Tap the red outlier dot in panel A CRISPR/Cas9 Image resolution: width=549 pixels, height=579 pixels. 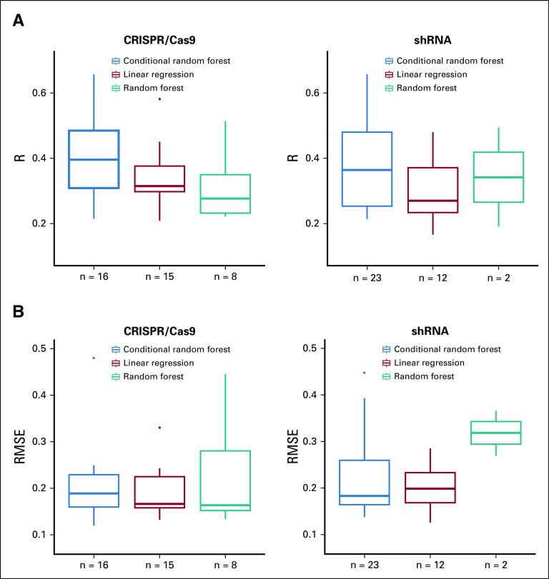(159, 99)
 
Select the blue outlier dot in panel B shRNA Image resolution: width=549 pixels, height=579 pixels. (364, 373)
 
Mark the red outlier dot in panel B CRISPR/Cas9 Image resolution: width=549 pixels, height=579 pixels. (159, 428)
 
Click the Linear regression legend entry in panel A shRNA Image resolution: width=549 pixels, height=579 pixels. (426, 74)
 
